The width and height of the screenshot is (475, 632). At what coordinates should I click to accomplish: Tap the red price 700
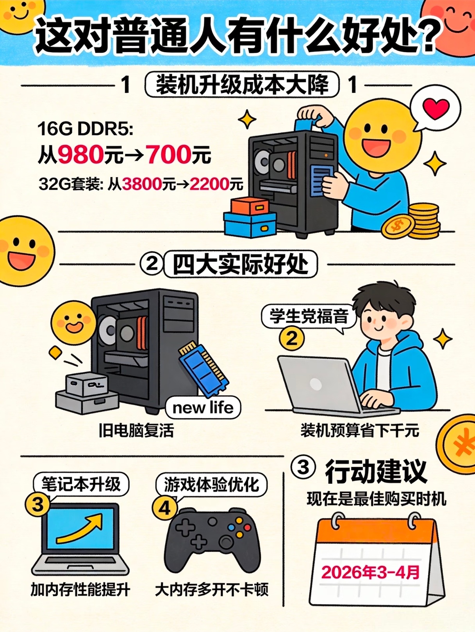[x=168, y=155]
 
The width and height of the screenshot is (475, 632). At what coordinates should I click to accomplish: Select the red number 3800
[x=142, y=184]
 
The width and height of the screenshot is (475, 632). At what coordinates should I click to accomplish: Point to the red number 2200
[x=209, y=184]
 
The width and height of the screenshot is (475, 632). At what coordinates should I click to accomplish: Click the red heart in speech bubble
[x=437, y=108]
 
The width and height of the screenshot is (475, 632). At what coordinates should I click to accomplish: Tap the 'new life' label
[x=203, y=408]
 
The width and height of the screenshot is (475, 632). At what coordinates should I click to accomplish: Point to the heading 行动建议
[x=376, y=471]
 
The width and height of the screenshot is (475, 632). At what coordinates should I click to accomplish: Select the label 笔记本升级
[x=81, y=484]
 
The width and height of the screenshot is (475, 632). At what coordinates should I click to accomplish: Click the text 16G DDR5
[x=85, y=129]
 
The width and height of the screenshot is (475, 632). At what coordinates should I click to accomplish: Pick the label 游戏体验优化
[x=211, y=485]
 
